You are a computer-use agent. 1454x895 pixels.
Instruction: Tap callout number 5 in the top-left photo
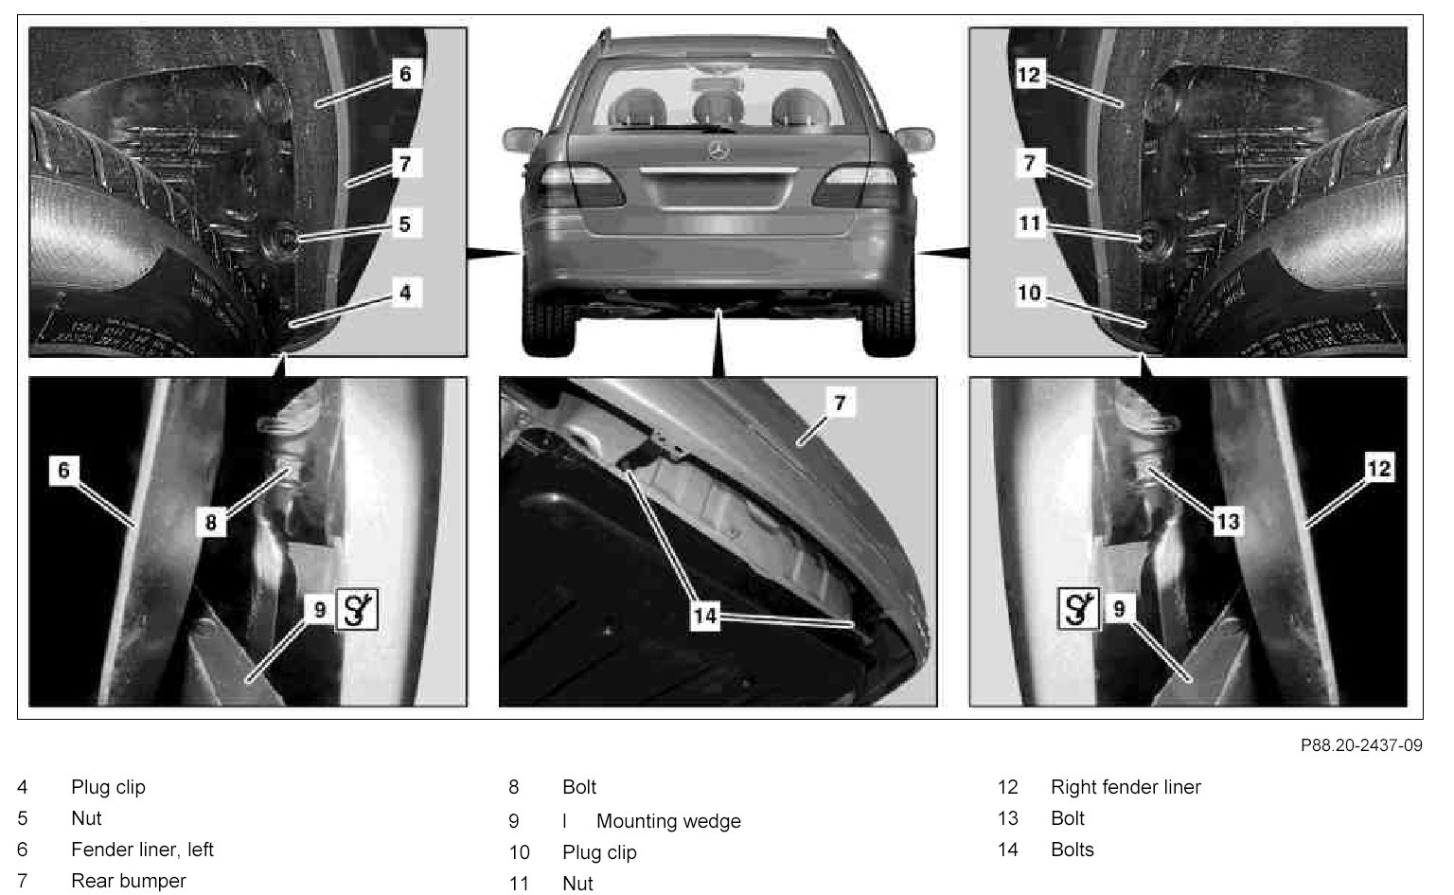tap(404, 224)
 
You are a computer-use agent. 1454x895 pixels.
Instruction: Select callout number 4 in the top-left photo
tap(404, 293)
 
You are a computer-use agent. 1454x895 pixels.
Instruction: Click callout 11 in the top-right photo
tap(1030, 224)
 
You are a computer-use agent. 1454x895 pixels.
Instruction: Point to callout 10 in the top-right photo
tap(1030, 293)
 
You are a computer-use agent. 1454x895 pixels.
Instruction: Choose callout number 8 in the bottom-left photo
tap(210, 521)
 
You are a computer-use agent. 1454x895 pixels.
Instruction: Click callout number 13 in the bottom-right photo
tap(1228, 521)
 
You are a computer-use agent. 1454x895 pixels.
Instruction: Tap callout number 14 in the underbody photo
tap(705, 617)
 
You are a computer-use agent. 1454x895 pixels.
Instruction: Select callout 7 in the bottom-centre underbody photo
tap(839, 403)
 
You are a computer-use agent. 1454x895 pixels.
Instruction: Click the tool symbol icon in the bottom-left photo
tap(358, 609)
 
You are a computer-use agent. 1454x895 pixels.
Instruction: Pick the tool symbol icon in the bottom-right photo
tap(1078, 609)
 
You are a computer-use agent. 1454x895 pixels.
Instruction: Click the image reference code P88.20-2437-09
tap(1360, 745)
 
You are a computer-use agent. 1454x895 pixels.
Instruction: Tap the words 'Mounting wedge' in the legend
tap(668, 821)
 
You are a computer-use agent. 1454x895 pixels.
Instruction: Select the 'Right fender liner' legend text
tap(1126, 787)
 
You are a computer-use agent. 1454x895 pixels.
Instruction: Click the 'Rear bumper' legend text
tap(129, 881)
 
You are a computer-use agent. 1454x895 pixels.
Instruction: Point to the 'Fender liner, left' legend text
tap(142, 850)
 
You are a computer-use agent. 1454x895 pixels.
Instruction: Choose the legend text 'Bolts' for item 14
tap(1072, 850)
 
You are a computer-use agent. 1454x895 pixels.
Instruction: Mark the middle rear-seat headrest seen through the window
tap(717, 105)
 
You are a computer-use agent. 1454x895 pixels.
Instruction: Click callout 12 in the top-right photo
tap(1030, 75)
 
